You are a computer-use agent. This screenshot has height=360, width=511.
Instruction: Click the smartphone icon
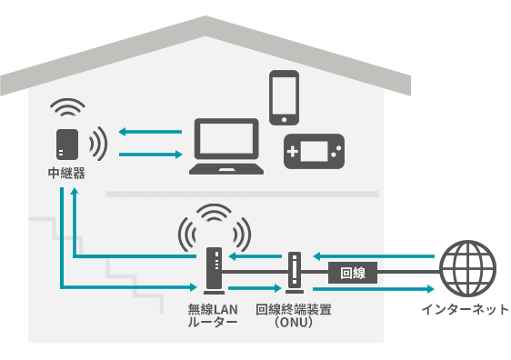click(285, 97)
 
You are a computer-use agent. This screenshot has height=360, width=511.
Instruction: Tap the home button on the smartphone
click(285, 120)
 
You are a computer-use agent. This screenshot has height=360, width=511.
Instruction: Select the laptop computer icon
click(226, 146)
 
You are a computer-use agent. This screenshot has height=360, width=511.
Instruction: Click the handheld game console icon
click(315, 151)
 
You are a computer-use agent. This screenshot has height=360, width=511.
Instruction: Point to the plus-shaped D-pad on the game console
click(293, 151)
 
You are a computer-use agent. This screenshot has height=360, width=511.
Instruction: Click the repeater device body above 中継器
click(67, 145)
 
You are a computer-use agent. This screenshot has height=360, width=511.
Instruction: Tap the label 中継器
click(66, 174)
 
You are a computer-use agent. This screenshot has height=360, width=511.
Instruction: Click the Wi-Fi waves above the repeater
click(67, 107)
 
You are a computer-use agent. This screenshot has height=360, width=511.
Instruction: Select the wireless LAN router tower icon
click(214, 271)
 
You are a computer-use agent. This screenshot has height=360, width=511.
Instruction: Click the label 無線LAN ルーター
click(213, 315)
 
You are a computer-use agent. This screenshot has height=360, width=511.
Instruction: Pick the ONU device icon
click(295, 273)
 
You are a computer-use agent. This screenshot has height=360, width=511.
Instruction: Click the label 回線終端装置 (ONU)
click(294, 315)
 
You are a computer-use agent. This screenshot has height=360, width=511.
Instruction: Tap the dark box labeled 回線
click(353, 273)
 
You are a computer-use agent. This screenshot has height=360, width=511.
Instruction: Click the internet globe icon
click(468, 268)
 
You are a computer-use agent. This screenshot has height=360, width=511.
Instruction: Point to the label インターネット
click(466, 309)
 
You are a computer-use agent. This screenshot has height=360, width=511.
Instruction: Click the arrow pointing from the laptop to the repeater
click(150, 132)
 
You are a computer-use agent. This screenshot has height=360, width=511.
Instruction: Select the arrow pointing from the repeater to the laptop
click(150, 155)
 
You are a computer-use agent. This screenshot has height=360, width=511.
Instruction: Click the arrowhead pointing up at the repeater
click(75, 191)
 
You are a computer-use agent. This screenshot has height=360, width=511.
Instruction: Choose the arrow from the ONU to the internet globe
click(374, 289)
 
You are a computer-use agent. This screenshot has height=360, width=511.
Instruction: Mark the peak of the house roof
click(205, 16)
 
